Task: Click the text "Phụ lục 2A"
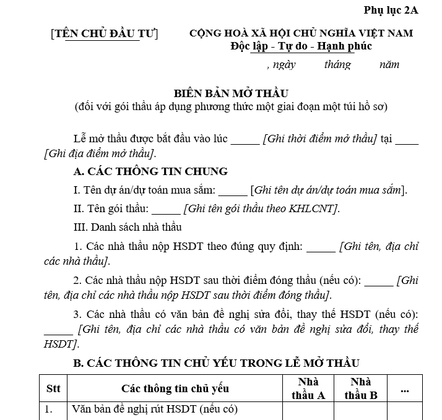[391, 10]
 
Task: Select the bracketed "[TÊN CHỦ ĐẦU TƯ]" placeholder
[105, 33]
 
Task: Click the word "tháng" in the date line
[337, 64]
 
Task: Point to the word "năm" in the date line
[389, 64]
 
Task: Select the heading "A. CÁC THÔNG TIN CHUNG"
[150, 171]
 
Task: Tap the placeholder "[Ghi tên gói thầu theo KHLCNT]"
[262, 208]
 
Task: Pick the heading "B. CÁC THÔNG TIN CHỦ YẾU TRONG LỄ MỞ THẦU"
[216, 363]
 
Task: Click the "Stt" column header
[53, 388]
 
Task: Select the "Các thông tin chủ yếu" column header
[175, 388]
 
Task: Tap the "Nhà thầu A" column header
[308, 388]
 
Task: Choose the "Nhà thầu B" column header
[361, 388]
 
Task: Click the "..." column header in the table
[405, 388]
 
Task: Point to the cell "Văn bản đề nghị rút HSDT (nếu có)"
[155, 409]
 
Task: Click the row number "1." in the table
[49, 409]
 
